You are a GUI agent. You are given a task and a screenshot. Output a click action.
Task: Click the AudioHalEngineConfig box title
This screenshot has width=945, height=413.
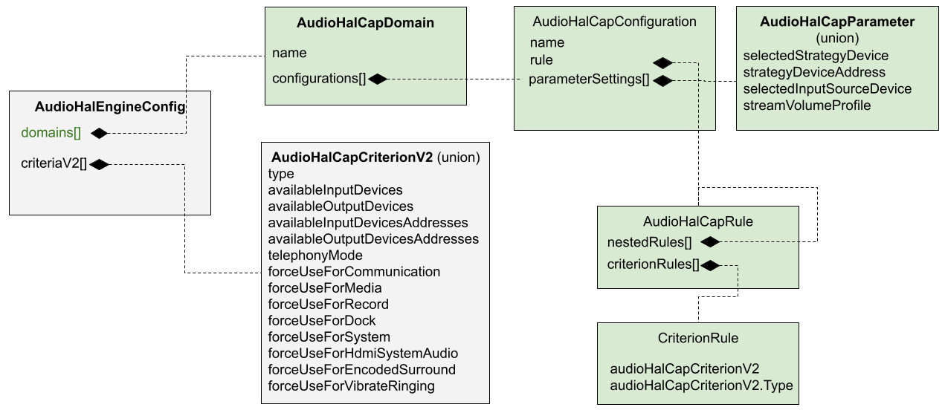point(109,108)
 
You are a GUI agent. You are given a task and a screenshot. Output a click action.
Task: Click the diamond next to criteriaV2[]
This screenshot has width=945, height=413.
point(99,164)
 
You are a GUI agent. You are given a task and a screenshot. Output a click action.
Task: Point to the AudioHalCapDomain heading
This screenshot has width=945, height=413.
point(365,24)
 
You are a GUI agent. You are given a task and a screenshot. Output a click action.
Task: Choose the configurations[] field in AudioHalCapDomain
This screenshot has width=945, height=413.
point(319,79)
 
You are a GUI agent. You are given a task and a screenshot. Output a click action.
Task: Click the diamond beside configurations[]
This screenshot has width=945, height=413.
point(378,79)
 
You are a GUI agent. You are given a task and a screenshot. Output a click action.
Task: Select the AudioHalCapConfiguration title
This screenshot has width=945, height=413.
point(614,22)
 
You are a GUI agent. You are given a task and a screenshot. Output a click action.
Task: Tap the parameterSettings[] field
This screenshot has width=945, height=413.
point(589,80)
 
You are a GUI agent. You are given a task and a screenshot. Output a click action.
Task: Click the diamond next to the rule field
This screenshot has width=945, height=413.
point(662,62)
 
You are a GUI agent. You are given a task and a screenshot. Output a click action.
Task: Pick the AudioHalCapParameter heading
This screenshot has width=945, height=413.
point(837,22)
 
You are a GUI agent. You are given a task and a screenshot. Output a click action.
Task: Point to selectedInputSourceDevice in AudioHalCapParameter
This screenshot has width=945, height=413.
point(827,89)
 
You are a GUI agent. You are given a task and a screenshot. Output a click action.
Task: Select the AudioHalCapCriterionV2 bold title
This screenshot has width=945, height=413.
point(352,157)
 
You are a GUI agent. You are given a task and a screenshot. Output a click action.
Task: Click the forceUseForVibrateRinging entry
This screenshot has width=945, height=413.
point(351,386)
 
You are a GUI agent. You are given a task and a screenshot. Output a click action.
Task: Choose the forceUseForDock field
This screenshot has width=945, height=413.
point(322,321)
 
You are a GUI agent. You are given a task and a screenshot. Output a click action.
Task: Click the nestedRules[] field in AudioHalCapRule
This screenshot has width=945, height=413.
point(649,242)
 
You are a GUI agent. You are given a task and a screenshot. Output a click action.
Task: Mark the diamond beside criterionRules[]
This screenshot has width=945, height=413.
point(711,265)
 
